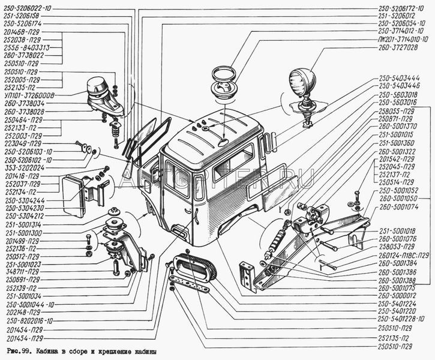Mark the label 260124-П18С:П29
point(404,254)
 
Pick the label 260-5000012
point(397,295)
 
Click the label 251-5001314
point(23,223)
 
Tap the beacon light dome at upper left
point(98,88)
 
